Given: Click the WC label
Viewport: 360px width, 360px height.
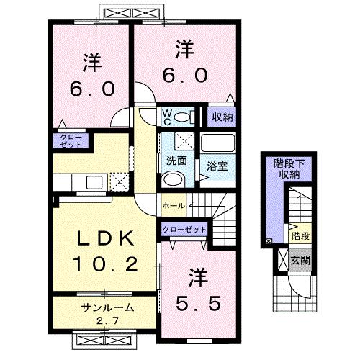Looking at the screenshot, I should tap(166, 117).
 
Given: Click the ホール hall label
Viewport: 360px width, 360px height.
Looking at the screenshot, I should tap(174, 206).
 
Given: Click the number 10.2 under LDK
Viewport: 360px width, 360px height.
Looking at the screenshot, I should tap(105, 264).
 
